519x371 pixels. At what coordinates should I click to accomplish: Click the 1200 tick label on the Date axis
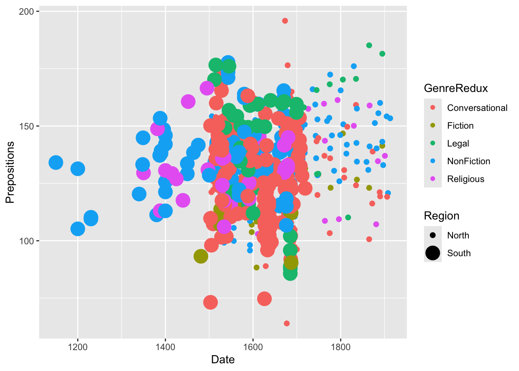click(78, 347)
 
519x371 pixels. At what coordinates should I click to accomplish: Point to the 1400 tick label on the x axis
click(165, 347)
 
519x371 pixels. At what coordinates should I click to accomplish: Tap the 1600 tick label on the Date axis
click(253, 347)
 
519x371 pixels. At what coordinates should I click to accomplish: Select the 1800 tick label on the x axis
click(341, 347)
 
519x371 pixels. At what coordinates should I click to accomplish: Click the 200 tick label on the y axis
click(26, 12)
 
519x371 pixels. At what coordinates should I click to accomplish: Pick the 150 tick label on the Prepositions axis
click(26, 126)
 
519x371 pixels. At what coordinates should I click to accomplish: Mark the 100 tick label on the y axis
click(26, 241)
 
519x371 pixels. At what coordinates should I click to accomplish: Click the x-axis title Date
click(223, 360)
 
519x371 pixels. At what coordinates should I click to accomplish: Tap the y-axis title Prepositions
click(10, 172)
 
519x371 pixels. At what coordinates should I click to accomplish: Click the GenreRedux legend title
click(456, 88)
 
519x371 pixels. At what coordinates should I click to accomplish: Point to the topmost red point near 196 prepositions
click(285, 21)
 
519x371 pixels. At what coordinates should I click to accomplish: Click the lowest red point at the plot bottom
click(287, 323)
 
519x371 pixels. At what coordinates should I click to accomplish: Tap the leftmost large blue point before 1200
click(56, 163)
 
